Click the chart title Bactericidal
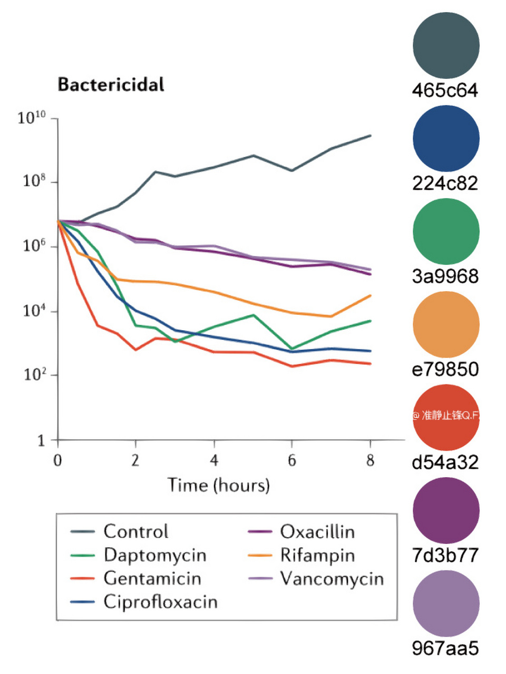coord(111,85)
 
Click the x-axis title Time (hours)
coord(218,485)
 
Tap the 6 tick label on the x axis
coord(292,461)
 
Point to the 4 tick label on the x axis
coord(213,461)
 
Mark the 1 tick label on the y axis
coord(41,441)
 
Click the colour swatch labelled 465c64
coord(446,45)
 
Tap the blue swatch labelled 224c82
coord(446,138)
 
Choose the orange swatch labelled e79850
coord(446,324)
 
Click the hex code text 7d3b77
coord(445,555)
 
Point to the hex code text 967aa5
coord(445,648)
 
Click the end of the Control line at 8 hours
coord(371,136)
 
